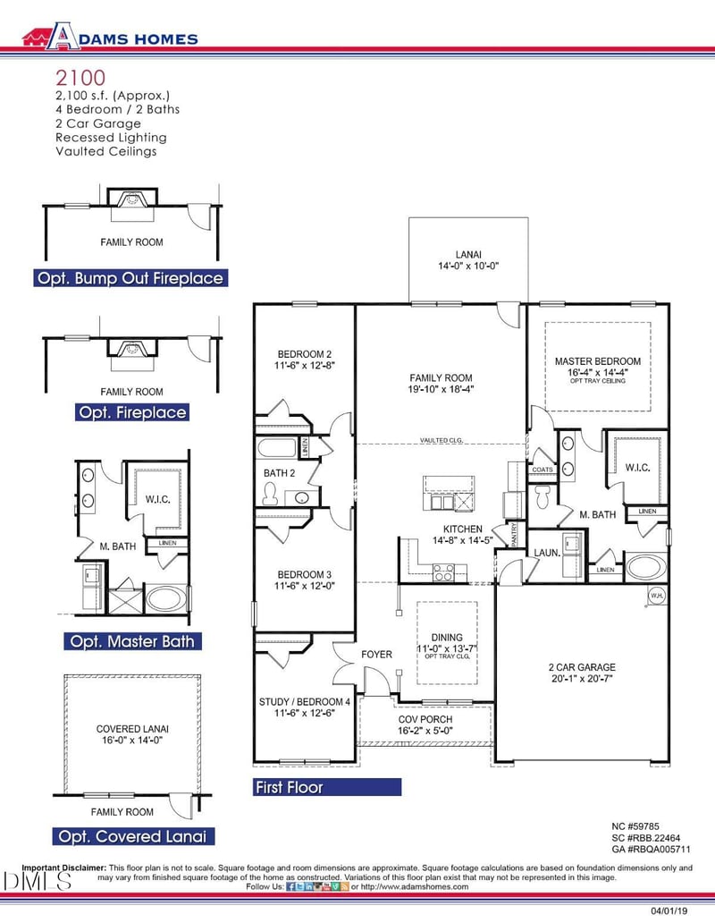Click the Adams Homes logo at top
[110, 37]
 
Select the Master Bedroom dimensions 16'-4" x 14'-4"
[598, 371]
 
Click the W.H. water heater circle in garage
[657, 595]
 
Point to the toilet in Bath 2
[271, 493]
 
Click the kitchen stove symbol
[444, 572]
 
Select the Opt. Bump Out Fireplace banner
[130, 278]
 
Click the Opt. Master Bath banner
[130, 641]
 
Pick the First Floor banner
[327, 787]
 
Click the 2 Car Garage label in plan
[582, 673]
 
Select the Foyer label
[376, 654]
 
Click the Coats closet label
[543, 470]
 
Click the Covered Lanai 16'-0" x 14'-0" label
[132, 734]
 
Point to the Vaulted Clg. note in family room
[442, 440]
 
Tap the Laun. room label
[547, 553]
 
